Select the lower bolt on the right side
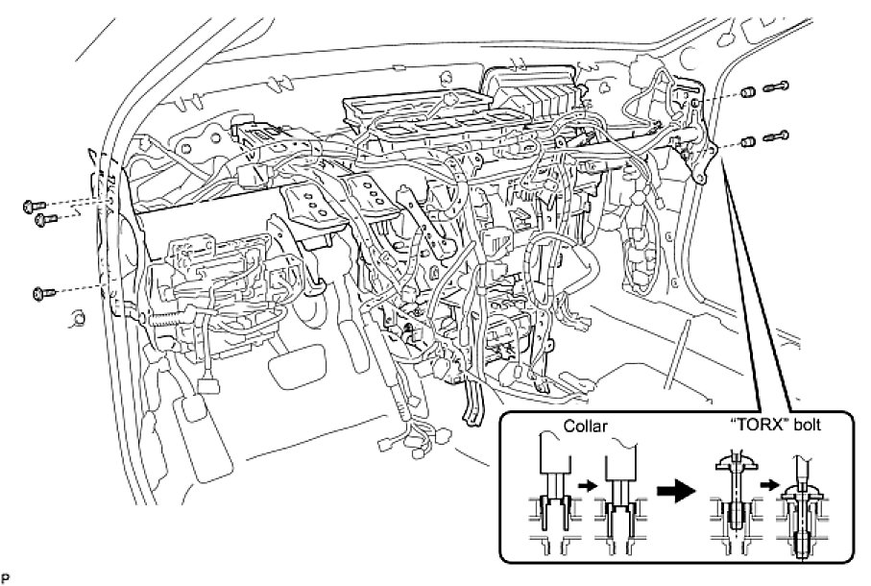[776, 137]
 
